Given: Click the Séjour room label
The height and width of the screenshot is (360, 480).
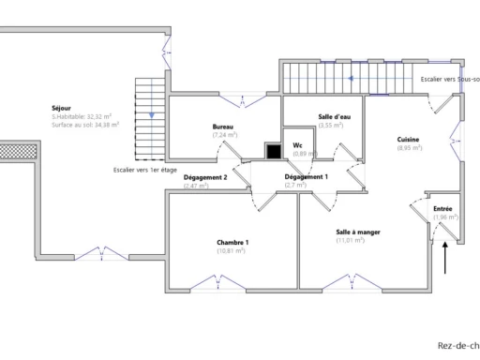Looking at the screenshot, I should (61, 109).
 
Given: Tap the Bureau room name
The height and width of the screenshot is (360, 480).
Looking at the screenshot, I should (222, 127).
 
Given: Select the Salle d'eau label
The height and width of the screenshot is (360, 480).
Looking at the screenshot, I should (330, 116).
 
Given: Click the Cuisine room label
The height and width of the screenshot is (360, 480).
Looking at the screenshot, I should (408, 140).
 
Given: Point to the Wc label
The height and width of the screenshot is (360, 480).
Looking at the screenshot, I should (297, 145).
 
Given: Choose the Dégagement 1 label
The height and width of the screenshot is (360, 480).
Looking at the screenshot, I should (307, 177).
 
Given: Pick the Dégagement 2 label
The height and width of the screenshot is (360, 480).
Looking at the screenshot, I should (205, 177).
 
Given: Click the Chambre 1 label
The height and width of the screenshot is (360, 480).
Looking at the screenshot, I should (232, 242).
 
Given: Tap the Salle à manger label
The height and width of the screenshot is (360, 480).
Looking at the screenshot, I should (357, 232).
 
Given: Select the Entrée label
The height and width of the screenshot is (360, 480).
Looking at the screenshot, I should (442, 209).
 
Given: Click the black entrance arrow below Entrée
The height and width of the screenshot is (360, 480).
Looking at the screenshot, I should (446, 256).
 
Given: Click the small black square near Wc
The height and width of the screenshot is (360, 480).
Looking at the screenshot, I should (274, 150).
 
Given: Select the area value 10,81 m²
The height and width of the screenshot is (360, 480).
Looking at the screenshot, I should (231, 251).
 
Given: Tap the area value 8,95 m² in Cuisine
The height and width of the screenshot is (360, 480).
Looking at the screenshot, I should (409, 148).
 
